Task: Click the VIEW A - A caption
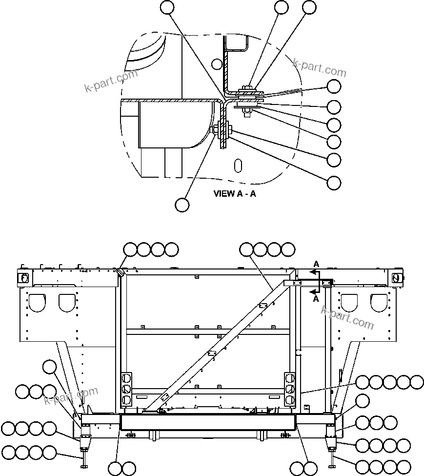pos(234,193)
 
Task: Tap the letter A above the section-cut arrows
pos(316,264)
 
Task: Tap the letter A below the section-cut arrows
pos(316,298)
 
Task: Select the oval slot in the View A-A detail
pos(238,165)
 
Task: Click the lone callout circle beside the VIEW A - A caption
pos(182,205)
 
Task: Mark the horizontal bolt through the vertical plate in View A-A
pos(222,130)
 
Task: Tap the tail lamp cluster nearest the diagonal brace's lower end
pos(126,389)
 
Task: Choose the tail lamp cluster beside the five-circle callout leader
pos(290,389)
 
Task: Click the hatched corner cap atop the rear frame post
pos(119,271)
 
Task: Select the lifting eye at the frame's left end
pos(22,277)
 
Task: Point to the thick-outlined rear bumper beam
pos(208,422)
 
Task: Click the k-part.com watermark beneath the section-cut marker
pos(347,317)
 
